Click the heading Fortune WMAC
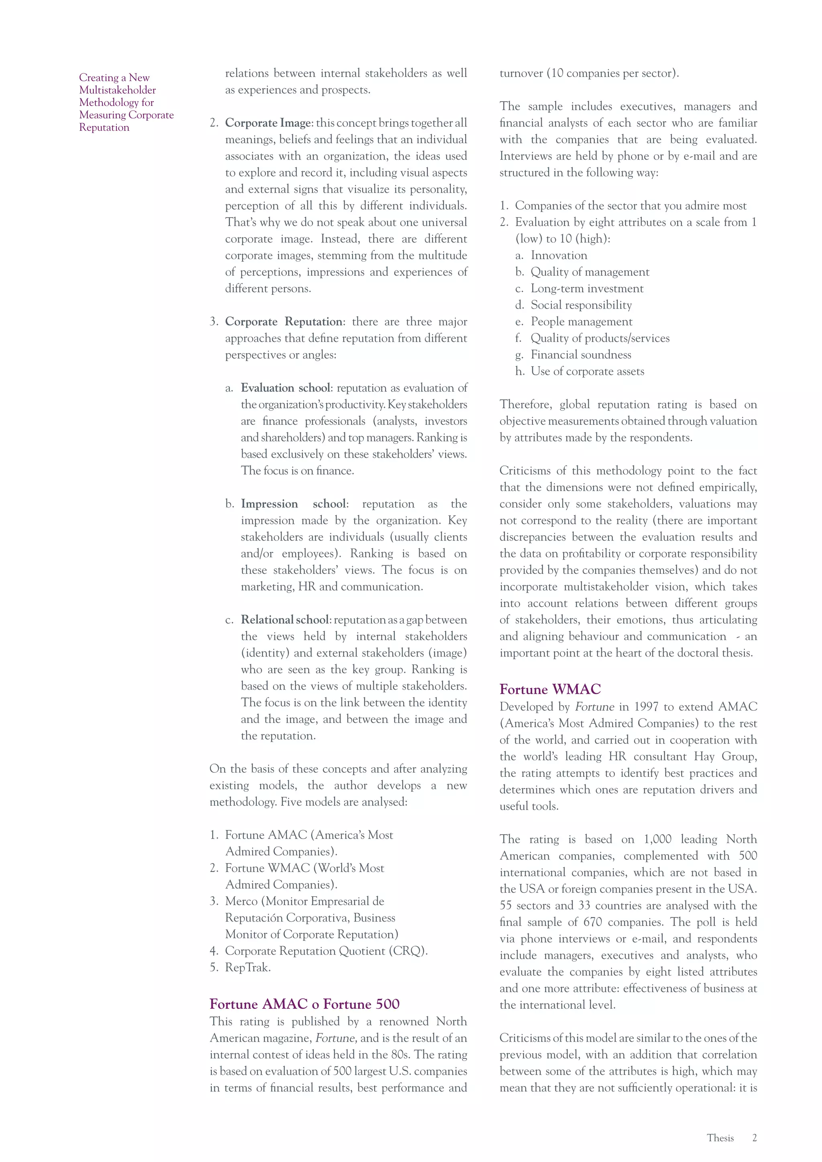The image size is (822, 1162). [550, 689]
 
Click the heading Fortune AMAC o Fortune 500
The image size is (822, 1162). [304, 1004]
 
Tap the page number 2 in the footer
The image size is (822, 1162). [754, 1138]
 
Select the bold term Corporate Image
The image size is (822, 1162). [269, 123]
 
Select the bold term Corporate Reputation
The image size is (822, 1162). [283, 322]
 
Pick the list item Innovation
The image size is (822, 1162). [559, 256]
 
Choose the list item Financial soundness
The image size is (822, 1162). [580, 355]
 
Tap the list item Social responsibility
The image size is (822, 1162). [581, 305]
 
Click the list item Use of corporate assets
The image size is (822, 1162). [587, 372]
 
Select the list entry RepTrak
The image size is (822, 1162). [248, 968]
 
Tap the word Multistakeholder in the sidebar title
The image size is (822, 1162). [118, 90]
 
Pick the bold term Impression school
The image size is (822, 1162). [293, 504]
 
